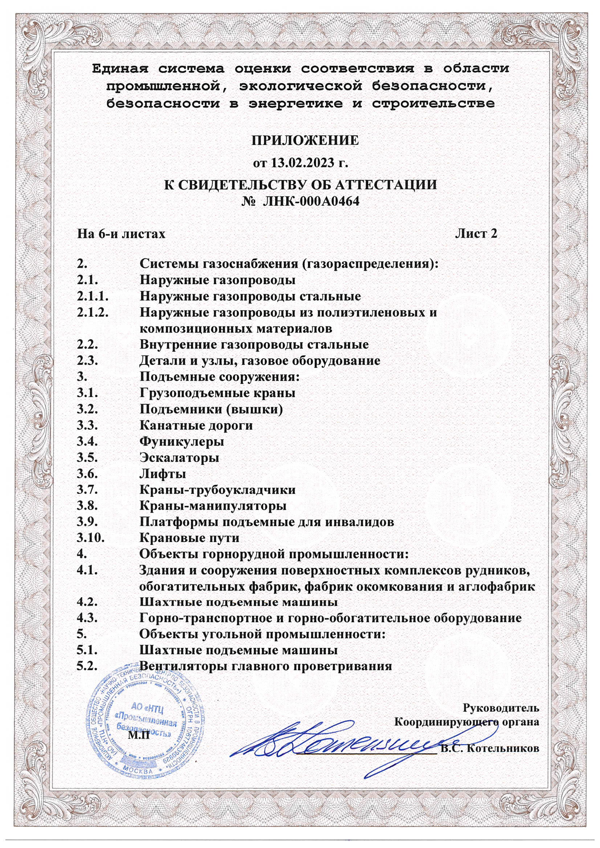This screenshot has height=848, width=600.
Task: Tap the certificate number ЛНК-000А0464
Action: pyautogui.click(x=311, y=201)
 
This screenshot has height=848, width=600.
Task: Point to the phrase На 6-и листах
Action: pyautogui.click(x=121, y=234)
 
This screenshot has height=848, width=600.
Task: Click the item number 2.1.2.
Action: pyautogui.click(x=93, y=312)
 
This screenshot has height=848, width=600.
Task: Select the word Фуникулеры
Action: pyautogui.click(x=182, y=441)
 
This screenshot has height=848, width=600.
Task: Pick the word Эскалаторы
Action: pyautogui.click(x=179, y=458)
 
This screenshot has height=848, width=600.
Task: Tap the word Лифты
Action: pyautogui.click(x=163, y=473)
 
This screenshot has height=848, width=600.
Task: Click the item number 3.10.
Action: pyautogui.click(x=91, y=538)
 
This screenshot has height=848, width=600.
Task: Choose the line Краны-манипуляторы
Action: pyautogui.click(x=213, y=506)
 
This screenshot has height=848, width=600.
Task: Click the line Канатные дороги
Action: pyautogui.click(x=196, y=425)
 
